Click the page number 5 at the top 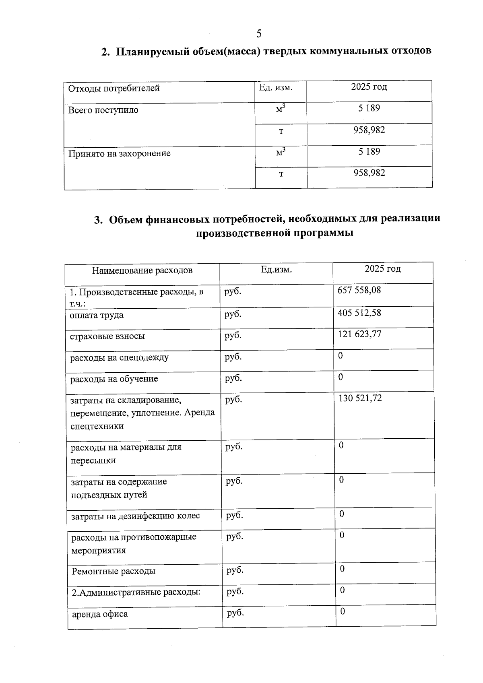pos(259,33)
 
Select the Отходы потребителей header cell pos(114,88)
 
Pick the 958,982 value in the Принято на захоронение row pos(369,173)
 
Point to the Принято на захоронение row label pos(119,153)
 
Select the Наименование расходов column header pos(142,270)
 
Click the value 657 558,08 pos(359,290)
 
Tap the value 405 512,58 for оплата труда pos(359,313)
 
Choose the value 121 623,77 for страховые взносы pos(359,334)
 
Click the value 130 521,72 pos(360,398)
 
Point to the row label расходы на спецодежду pos(119,357)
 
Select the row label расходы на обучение pos(114,379)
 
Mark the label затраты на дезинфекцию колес pos(135,516)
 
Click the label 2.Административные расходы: pos(136,592)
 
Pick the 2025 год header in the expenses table pos(382,269)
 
